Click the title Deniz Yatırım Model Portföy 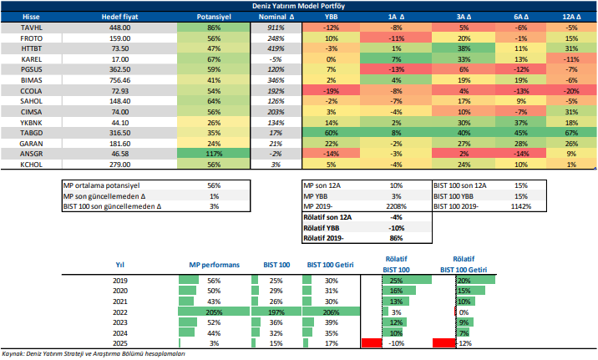300,5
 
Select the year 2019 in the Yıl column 119,279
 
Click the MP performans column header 211,264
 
